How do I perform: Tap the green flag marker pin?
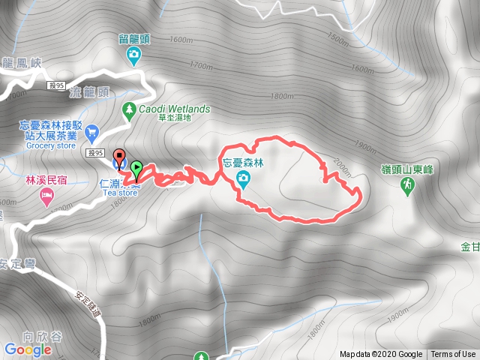tap(136, 169)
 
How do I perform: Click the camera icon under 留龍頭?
tap(133, 53)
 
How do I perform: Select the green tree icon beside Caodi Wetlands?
tap(130, 109)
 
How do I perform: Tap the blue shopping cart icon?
tap(92, 131)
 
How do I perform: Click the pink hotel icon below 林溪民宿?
tap(46, 196)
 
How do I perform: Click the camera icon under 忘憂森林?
tap(244, 178)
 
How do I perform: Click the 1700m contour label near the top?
tap(202, 67)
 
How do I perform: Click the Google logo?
tap(28, 349)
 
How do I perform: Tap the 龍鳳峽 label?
tap(20, 64)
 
